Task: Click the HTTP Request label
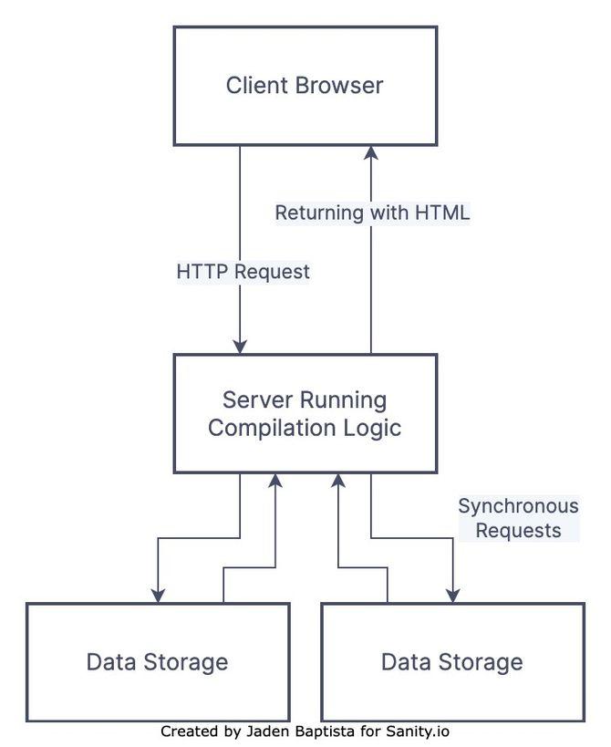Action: [x=243, y=272]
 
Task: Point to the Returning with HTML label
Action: [x=372, y=213]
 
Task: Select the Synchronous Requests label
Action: [x=517, y=518]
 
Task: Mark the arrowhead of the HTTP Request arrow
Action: [x=240, y=346]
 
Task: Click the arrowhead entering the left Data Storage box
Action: [x=158, y=595]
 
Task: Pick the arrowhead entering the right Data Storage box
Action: [x=453, y=595]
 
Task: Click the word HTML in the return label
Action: [x=442, y=213]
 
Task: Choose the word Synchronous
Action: [x=517, y=506]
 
